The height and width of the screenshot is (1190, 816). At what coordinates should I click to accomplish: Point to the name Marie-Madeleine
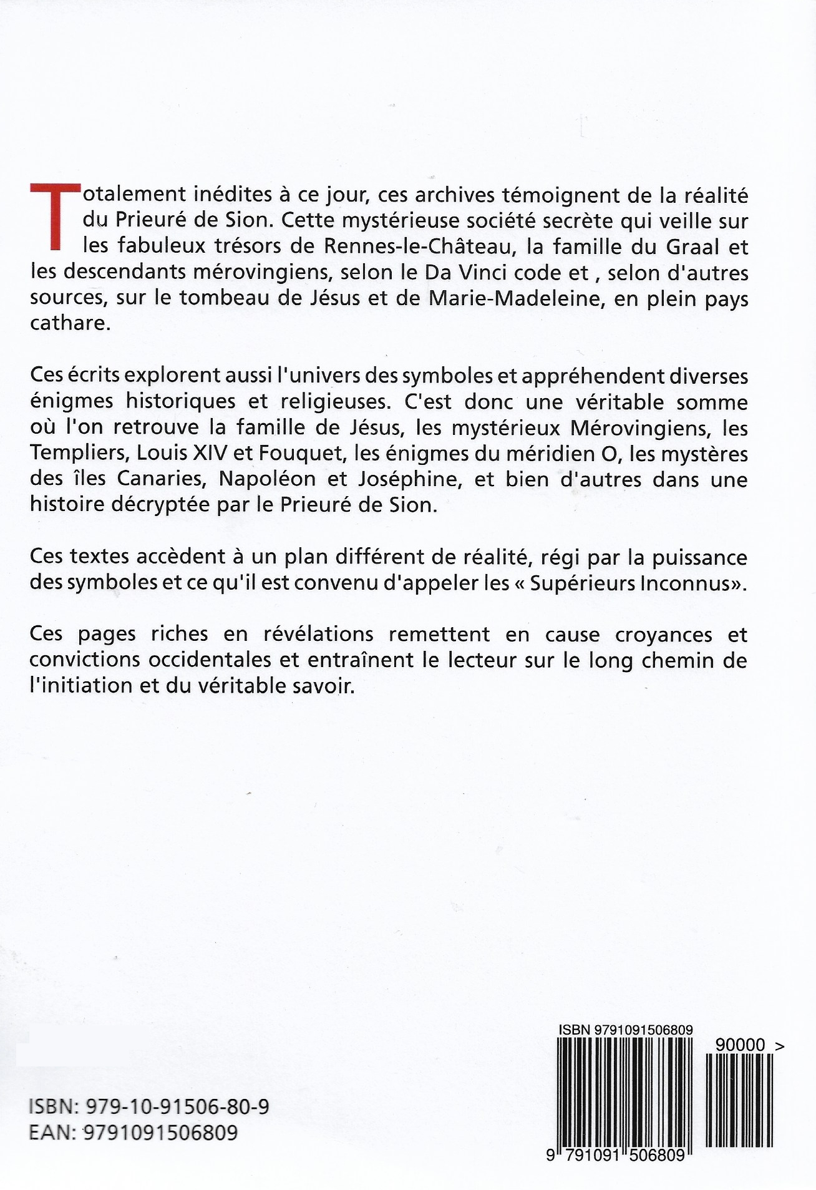coord(508,299)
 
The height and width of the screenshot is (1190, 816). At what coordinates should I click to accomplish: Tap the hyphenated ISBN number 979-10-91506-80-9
coord(172,1107)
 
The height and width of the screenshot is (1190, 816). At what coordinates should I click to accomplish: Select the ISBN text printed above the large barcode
coord(626,1030)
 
